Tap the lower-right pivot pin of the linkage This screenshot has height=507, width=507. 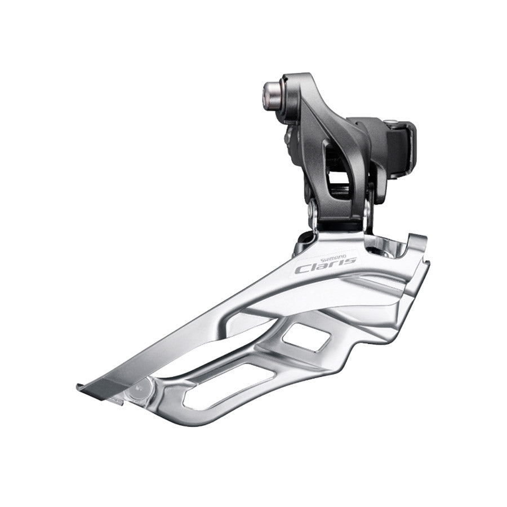367,211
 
